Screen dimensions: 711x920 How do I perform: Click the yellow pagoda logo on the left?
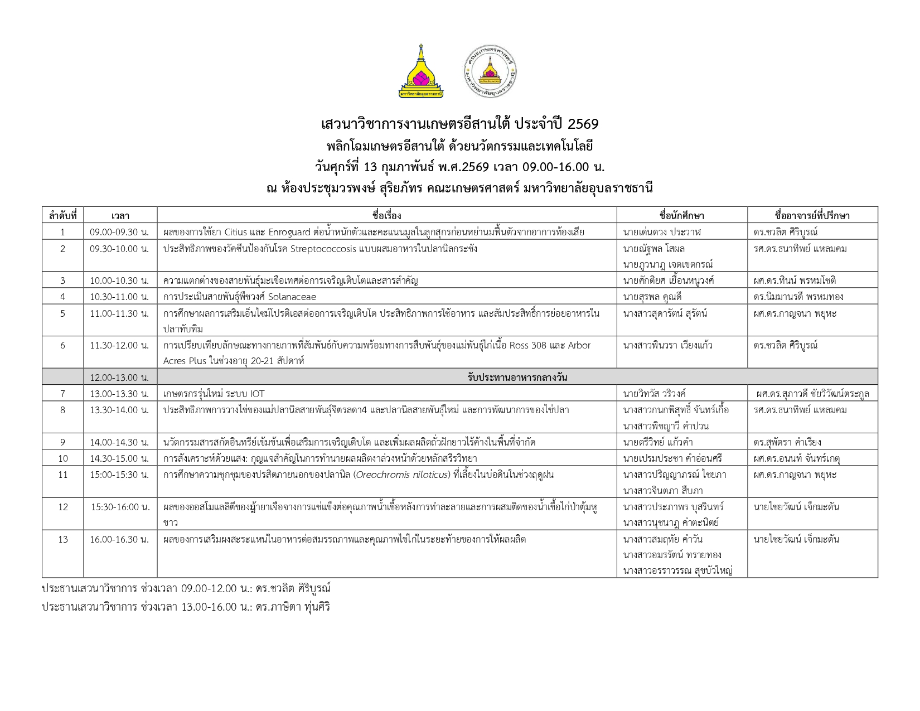421,71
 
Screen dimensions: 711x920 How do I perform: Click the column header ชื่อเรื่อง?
386,215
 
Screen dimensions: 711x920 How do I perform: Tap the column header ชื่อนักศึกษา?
681,215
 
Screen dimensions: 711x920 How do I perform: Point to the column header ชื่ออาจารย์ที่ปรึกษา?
812,215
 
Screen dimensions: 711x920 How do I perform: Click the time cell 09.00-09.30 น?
119,232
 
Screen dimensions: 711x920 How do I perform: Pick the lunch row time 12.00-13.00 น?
119,378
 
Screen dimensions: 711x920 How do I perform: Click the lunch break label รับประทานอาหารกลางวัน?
517,378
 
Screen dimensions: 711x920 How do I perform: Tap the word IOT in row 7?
257,394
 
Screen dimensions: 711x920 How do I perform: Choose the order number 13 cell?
62,539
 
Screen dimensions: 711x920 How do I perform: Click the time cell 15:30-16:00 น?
120,507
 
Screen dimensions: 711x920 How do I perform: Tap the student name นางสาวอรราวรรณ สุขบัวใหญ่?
677,570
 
